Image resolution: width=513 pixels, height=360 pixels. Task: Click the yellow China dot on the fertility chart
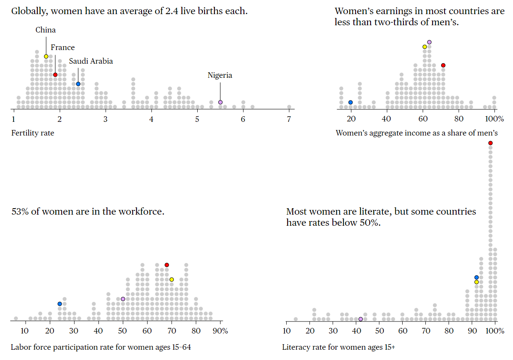pos(46,56)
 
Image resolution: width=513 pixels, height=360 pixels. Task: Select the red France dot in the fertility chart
pos(55,75)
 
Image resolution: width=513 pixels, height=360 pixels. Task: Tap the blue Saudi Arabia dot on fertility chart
pos(78,84)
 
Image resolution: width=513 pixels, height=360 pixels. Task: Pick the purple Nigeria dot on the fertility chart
pos(220,102)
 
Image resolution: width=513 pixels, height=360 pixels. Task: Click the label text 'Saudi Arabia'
pos(91,61)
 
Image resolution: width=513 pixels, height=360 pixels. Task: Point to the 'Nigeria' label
pos(220,75)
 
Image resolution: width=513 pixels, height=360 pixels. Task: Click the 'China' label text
pos(45,30)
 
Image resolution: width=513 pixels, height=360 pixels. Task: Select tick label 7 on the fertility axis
pos(289,119)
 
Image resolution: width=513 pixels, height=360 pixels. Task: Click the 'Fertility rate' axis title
pos(33,133)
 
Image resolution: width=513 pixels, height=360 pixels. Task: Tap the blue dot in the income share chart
pos(350,102)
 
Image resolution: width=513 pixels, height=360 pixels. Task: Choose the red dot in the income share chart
pos(443,65)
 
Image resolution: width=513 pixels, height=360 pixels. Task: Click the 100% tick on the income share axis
pos(495,119)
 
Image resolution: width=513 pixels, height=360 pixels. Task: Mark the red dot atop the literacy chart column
pos(490,143)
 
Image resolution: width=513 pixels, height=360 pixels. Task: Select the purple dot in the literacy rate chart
pos(360,319)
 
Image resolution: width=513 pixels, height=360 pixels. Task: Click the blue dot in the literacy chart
pos(476,277)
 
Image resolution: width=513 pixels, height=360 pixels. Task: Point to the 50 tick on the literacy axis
pos(379,331)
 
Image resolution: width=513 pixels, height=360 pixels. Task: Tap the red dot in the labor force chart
pos(167,265)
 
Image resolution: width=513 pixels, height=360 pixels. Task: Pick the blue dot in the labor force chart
pos(59,304)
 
